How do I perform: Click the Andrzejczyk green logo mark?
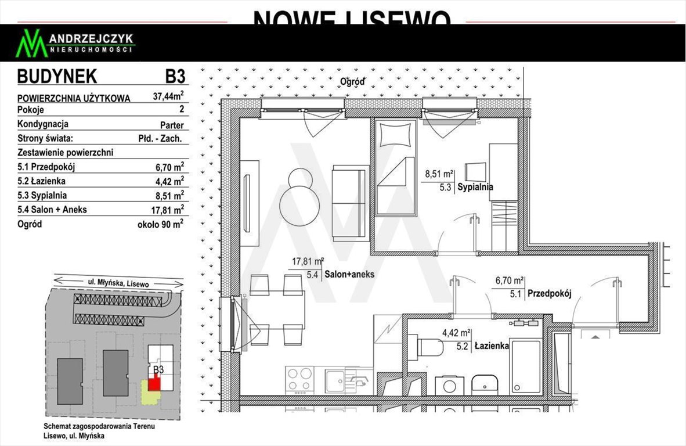click(31, 44)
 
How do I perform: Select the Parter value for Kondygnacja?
click(172, 125)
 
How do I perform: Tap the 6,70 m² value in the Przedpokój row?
click(168, 167)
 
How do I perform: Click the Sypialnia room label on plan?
click(475, 187)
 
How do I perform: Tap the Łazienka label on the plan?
click(492, 346)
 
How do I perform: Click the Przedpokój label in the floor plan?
click(549, 294)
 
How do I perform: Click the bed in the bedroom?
click(395, 168)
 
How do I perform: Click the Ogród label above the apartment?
click(352, 81)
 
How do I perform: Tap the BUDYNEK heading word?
click(57, 77)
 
